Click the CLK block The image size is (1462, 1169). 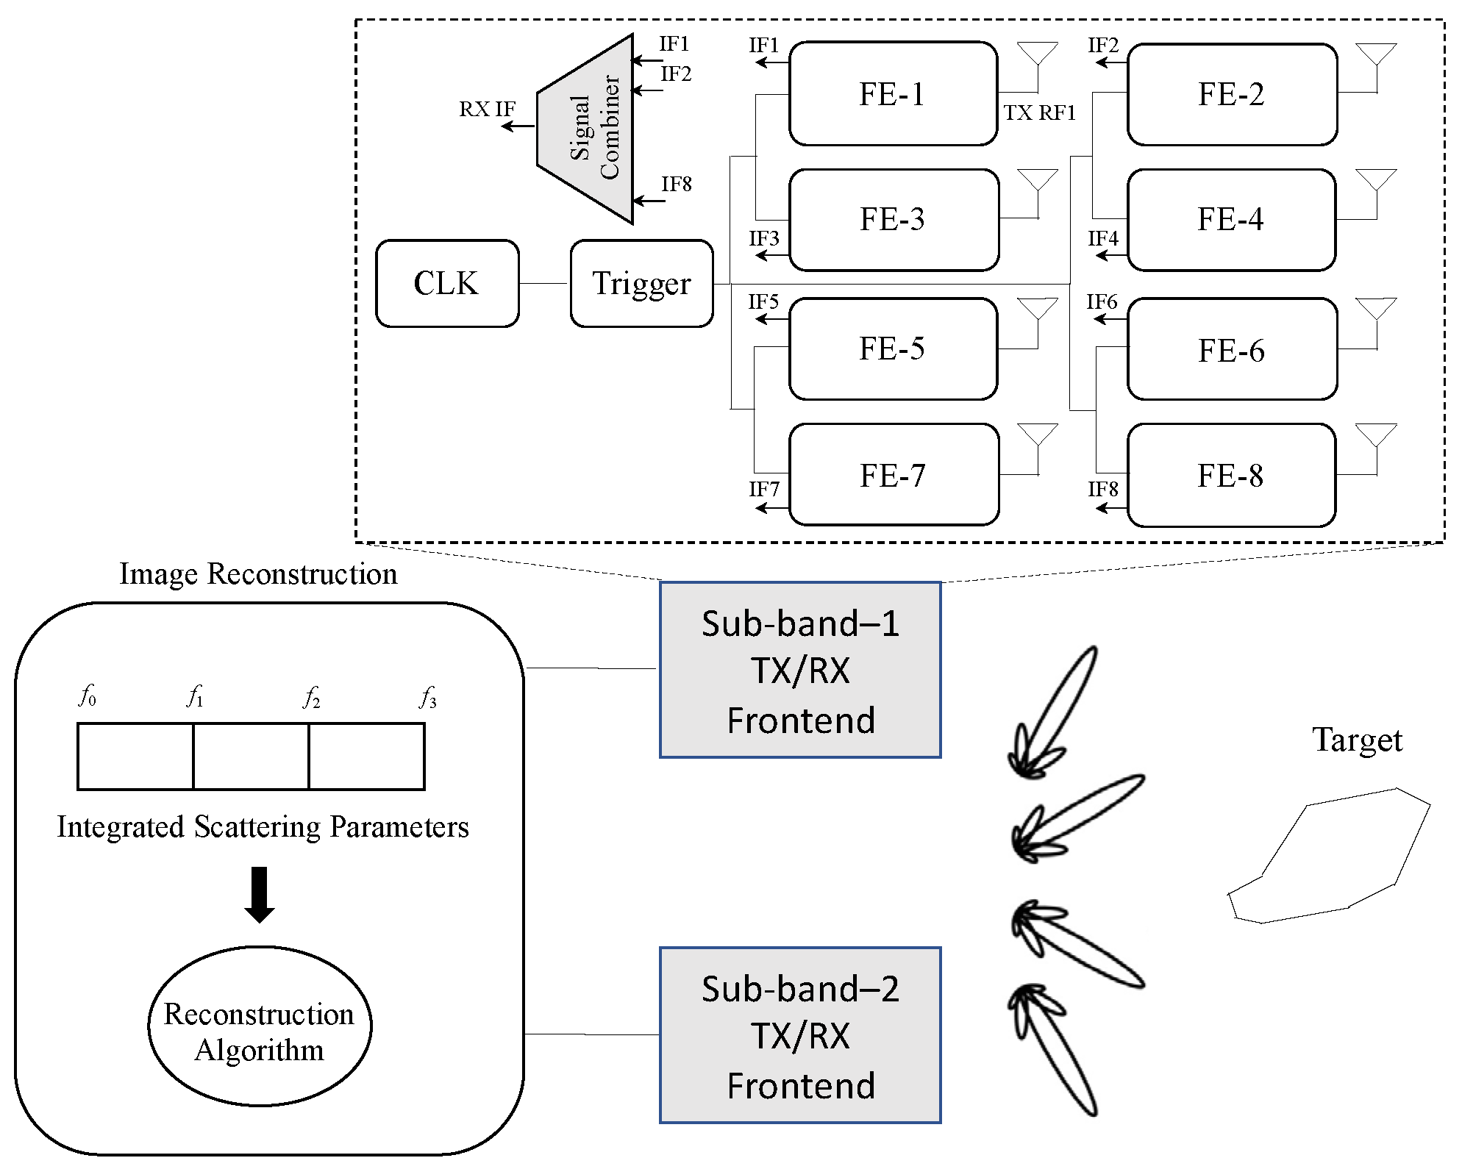coord(447,283)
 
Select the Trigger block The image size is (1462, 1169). coord(641,283)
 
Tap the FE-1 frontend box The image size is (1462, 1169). coord(893,94)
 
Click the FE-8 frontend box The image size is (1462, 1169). coord(1231,476)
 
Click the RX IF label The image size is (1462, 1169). coord(487,110)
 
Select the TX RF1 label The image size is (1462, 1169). coord(1040,112)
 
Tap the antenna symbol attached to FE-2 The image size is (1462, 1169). coord(1375,55)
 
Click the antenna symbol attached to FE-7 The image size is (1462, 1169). coord(1037,435)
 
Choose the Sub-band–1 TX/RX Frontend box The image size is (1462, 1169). coord(800,670)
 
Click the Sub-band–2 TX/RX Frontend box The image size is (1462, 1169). coord(800,1035)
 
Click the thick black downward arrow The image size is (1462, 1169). coord(259,894)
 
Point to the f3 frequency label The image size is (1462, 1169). coord(427,696)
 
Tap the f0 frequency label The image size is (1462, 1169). coord(87,695)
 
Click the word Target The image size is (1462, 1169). coord(1357,740)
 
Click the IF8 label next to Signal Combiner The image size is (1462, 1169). coord(676,184)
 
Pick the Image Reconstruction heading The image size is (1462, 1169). coord(258,573)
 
